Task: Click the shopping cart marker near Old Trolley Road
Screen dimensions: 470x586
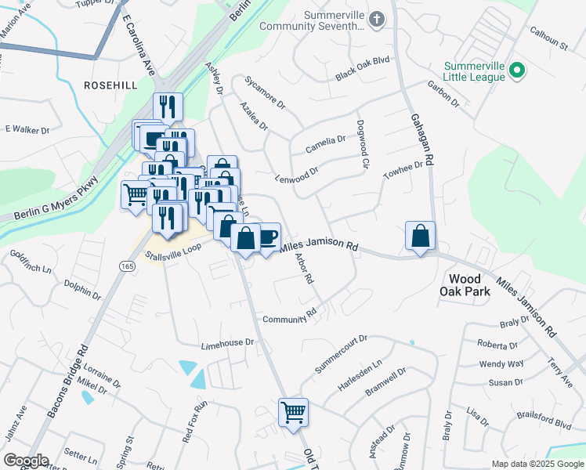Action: (293, 411)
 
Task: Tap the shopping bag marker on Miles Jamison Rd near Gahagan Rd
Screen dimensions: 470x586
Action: (421, 236)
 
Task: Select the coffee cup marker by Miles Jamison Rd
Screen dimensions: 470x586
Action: (266, 236)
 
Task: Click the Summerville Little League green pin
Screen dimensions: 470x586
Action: (516, 71)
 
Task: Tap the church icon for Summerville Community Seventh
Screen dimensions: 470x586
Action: (377, 19)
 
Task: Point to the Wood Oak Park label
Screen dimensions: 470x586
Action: (469, 285)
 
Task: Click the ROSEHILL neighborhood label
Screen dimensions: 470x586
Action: (110, 85)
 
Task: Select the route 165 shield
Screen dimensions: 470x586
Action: (127, 267)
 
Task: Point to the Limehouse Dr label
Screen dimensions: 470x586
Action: (228, 343)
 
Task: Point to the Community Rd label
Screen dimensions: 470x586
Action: (289, 317)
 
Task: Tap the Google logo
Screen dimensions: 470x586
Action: (26, 461)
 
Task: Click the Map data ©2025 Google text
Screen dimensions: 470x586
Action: (537, 464)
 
